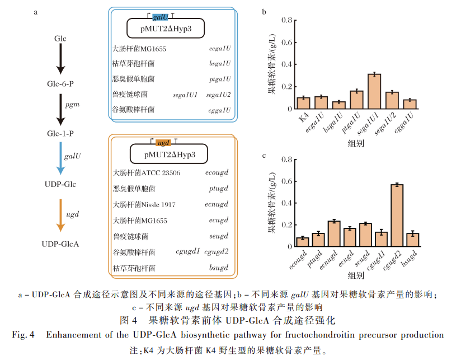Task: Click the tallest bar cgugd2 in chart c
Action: pos(397,215)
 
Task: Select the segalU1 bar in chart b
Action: pos(374,91)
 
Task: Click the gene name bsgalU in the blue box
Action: pos(220,64)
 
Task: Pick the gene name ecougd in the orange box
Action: pos(217,173)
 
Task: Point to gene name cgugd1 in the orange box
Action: pos(187,252)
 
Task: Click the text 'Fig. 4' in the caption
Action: pos(23,335)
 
